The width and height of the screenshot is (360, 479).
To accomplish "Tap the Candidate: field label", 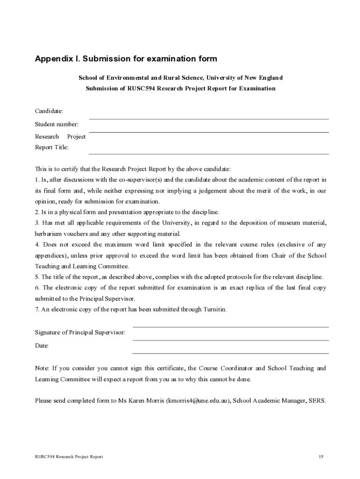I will pos(49,111).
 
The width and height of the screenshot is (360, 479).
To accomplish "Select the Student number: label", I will pos(57,124).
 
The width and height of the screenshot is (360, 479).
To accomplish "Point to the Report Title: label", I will pos(51,147).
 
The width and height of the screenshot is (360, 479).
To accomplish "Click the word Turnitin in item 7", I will pos(214,309).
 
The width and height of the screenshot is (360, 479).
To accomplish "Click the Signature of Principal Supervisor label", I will pos(80,333).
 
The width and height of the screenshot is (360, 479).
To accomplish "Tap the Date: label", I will pos(42,346).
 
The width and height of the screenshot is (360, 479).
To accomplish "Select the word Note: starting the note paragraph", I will pos(42,368).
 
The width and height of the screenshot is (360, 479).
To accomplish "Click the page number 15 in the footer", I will pos(321,457).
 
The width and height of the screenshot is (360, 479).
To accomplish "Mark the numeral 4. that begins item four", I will pos(37,245).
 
